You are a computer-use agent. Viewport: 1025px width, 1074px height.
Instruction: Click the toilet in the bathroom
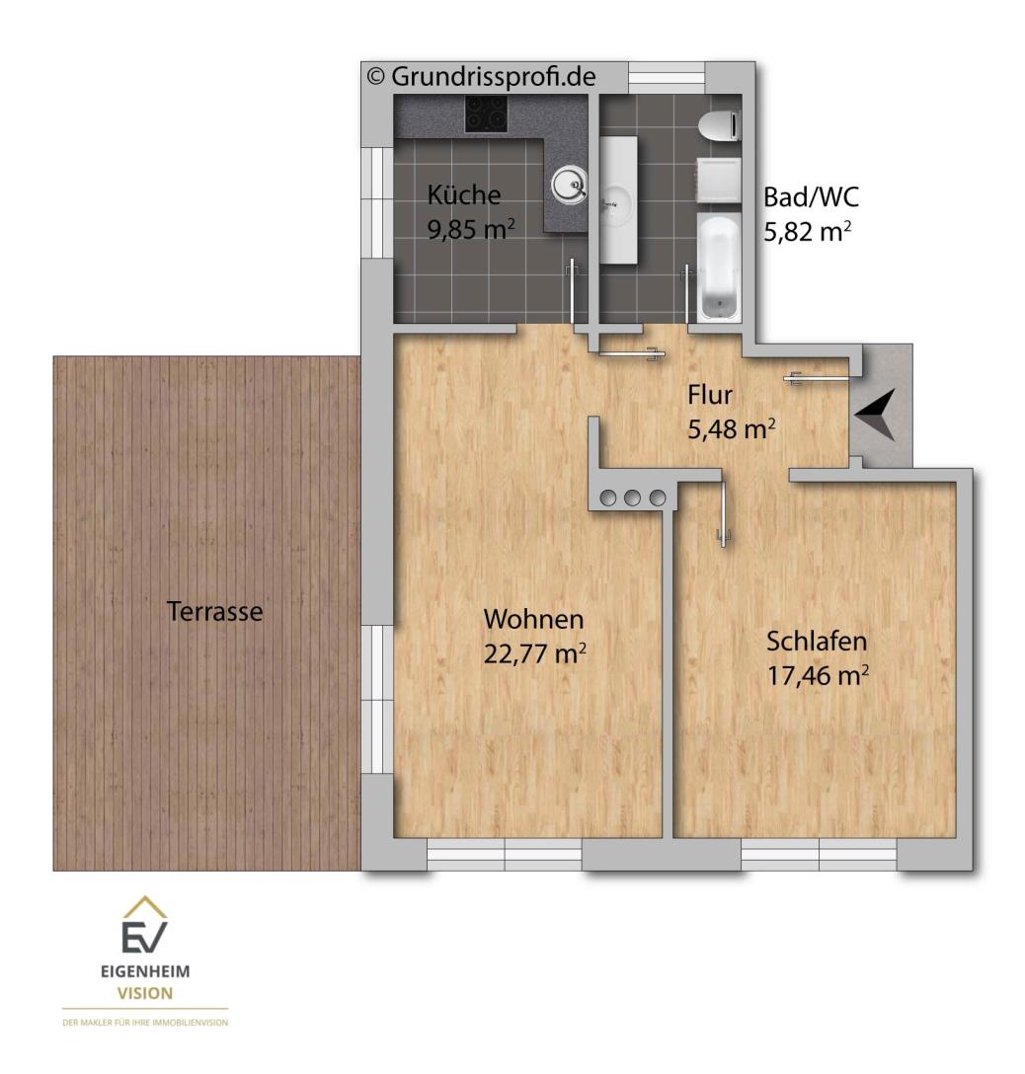click(720, 126)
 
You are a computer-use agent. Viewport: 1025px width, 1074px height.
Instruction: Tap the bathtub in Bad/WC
click(719, 267)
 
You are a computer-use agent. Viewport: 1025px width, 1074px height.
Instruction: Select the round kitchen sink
click(569, 185)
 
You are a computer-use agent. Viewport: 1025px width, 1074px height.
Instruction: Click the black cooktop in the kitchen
click(487, 114)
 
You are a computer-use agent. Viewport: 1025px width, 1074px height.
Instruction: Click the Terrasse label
click(214, 611)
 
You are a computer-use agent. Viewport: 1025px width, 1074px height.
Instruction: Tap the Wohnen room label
click(534, 619)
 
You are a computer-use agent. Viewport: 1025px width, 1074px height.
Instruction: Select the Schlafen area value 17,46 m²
click(818, 675)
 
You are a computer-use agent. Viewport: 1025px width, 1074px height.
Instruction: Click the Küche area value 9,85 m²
click(471, 229)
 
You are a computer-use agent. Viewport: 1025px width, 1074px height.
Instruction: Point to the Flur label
click(710, 395)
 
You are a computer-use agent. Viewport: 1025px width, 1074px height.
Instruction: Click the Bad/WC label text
click(812, 197)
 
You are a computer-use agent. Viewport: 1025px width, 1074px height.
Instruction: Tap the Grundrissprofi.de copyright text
click(481, 76)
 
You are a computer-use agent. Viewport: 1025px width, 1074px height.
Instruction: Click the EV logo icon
click(144, 925)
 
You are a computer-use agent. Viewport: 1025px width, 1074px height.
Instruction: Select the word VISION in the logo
click(145, 993)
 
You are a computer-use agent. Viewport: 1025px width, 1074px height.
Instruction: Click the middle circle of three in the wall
click(632, 498)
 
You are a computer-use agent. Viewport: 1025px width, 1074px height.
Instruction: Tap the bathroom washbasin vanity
click(619, 200)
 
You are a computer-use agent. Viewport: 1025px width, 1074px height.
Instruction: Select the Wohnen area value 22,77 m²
click(535, 653)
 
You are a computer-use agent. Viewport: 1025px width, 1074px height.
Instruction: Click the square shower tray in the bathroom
click(719, 181)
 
